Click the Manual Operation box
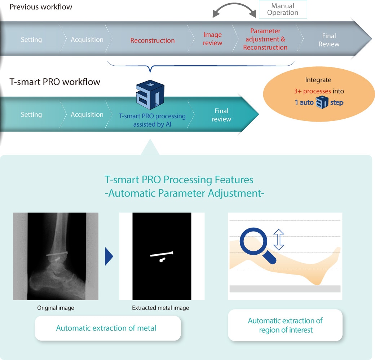[x=283, y=9]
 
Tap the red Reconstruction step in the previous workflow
[x=152, y=40]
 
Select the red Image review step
[x=213, y=39]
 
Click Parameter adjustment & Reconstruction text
[x=265, y=39]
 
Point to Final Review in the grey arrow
[x=329, y=40]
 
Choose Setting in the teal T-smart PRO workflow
[x=31, y=115]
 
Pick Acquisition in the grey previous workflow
[x=87, y=39]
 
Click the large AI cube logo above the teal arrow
[x=150, y=95]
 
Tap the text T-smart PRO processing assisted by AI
[x=152, y=120]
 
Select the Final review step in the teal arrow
[x=221, y=115]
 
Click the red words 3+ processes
[x=312, y=91]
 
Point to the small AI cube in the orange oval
[x=322, y=102]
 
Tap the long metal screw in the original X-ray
[x=57, y=254]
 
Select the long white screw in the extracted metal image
[x=162, y=254]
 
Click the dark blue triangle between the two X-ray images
[x=109, y=256]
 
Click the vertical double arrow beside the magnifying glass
[x=279, y=240]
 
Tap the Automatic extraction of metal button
[x=108, y=328]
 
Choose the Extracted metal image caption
[x=160, y=308]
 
